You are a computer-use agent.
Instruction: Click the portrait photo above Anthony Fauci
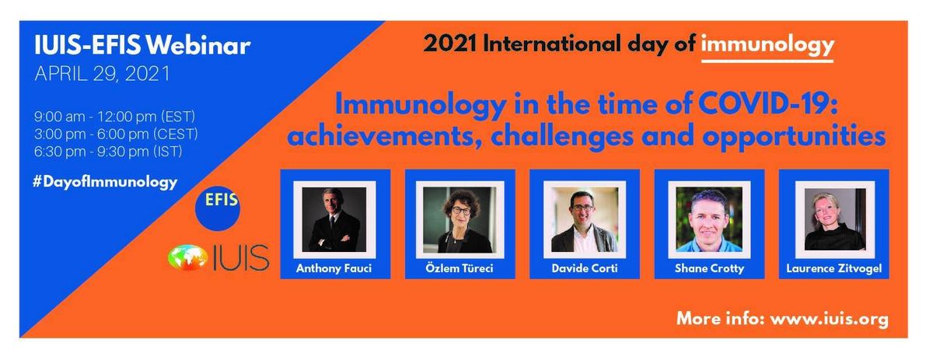point(334,219)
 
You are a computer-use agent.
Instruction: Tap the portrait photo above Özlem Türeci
point(460,219)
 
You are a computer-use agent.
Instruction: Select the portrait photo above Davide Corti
point(585,219)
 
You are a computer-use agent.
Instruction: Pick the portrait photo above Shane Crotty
point(709,219)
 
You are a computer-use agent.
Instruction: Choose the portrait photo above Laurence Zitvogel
point(834,219)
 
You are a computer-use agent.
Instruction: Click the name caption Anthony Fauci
point(334,268)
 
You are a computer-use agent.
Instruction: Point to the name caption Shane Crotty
point(709,268)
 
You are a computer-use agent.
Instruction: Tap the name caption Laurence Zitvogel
point(833,268)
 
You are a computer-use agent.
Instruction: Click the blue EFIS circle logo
point(218,208)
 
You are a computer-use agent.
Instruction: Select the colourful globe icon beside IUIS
point(187,257)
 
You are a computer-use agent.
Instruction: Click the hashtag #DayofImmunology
point(105,183)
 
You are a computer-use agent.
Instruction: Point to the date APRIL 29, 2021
point(103,74)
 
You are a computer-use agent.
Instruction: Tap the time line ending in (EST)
point(114,117)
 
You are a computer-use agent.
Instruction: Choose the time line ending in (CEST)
point(116,135)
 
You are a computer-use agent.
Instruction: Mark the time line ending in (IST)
point(108,152)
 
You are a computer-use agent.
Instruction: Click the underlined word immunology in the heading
point(767,45)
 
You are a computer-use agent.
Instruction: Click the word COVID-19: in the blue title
point(768,104)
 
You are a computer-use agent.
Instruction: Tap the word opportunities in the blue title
point(794,137)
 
